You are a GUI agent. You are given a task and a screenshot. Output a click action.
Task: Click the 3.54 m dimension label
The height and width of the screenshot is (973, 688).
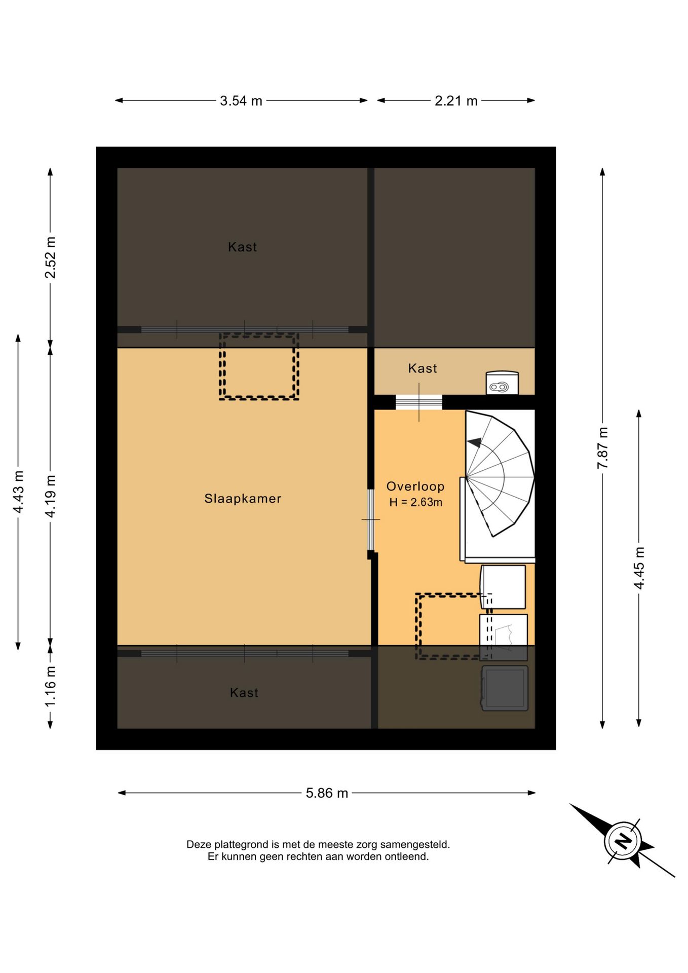pyautogui.click(x=241, y=101)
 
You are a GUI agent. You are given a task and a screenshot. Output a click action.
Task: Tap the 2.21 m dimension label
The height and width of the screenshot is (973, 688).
pyautogui.click(x=456, y=101)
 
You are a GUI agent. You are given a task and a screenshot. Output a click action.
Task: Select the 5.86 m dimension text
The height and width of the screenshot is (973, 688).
pyautogui.click(x=327, y=793)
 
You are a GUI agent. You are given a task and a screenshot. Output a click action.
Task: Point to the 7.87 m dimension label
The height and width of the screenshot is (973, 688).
pyautogui.click(x=602, y=448)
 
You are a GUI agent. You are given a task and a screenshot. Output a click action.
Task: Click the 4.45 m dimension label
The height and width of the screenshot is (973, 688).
pyautogui.click(x=639, y=568)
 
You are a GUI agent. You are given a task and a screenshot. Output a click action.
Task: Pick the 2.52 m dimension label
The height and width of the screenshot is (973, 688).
pyautogui.click(x=50, y=257)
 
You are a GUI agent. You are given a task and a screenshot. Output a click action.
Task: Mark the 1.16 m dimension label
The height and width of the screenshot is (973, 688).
pyautogui.click(x=50, y=687)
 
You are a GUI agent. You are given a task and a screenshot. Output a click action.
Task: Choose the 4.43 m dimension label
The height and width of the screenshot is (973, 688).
pyautogui.click(x=18, y=492)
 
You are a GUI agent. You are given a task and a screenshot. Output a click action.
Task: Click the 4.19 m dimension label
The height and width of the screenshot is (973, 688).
pyautogui.click(x=50, y=497)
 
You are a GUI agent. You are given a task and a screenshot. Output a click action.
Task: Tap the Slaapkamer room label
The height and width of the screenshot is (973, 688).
pyautogui.click(x=243, y=499)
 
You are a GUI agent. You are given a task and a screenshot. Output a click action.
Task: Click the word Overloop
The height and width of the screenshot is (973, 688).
pyautogui.click(x=415, y=486)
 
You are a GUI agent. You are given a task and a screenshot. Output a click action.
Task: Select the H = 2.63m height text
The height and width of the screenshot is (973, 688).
pyautogui.click(x=415, y=502)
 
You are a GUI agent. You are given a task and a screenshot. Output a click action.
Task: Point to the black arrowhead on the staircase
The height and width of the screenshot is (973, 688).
pyautogui.click(x=475, y=442)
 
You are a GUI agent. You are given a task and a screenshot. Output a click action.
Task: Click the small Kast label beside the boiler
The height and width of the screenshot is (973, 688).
pyautogui.click(x=423, y=368)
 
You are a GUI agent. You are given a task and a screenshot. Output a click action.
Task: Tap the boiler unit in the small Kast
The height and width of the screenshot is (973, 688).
pyautogui.click(x=502, y=383)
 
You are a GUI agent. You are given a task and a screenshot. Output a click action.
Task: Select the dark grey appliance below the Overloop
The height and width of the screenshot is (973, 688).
pyautogui.click(x=505, y=688)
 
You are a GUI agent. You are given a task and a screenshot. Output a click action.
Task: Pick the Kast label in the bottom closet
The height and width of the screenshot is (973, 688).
pyautogui.click(x=244, y=693)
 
